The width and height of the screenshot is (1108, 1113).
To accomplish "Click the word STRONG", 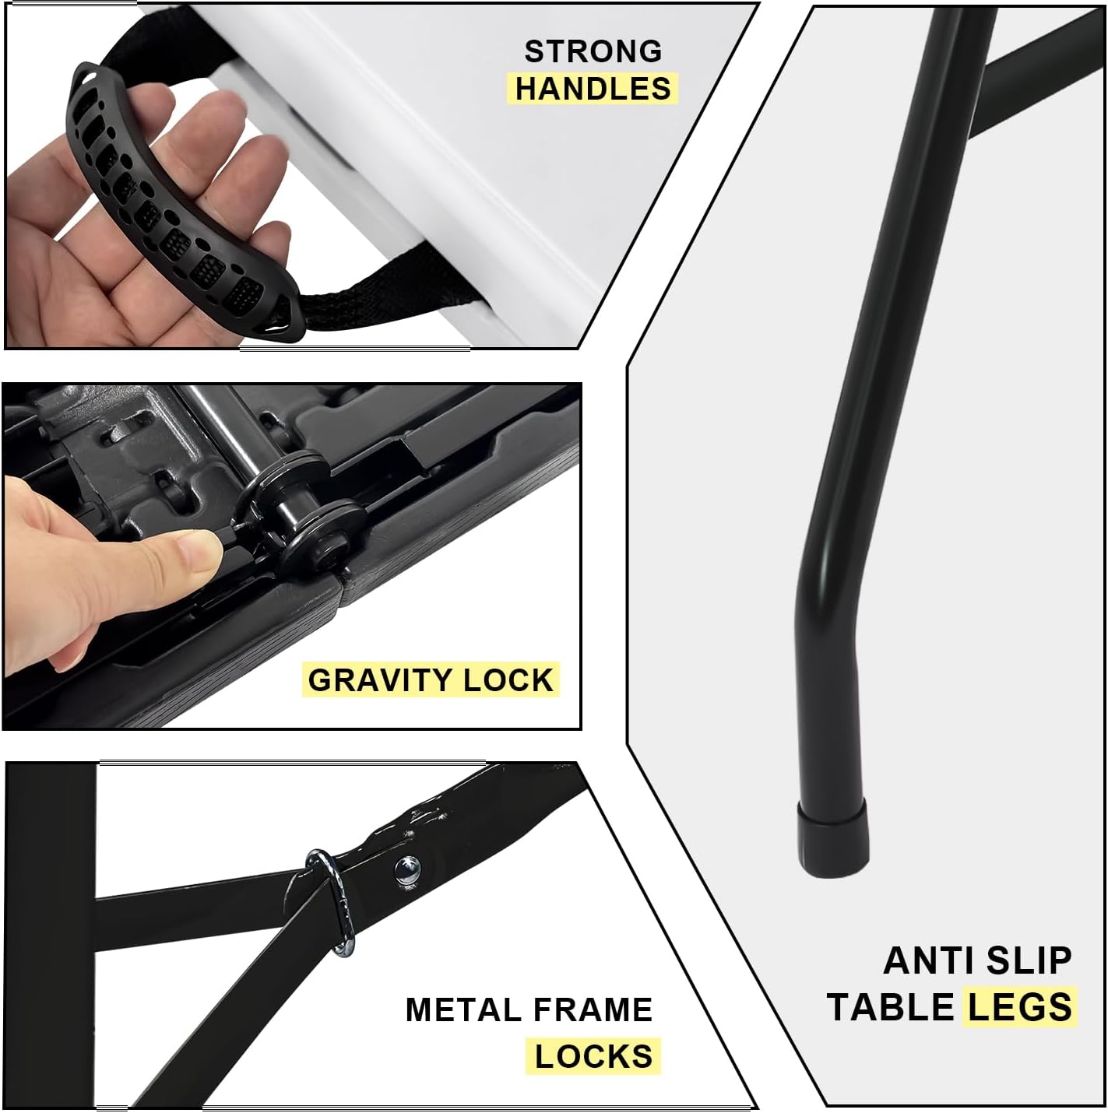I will [x=593, y=51].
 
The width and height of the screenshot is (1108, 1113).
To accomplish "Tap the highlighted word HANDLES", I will [x=593, y=89].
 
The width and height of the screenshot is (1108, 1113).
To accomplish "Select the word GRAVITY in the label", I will [x=380, y=680].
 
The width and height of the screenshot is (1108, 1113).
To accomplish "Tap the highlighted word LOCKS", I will [x=593, y=1057].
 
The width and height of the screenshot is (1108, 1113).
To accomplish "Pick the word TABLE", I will [x=891, y=1007].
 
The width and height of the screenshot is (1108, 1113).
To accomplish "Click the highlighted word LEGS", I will [x=1020, y=1007].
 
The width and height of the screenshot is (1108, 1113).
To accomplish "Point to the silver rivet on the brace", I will [x=406, y=869].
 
